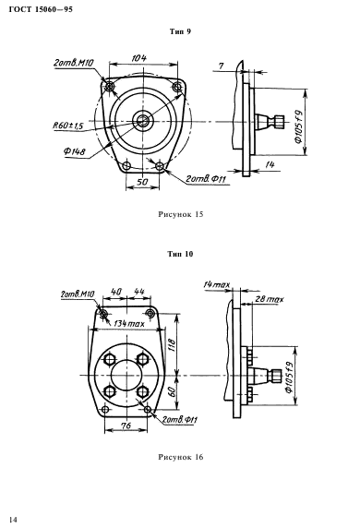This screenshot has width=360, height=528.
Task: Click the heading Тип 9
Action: (x=180, y=31)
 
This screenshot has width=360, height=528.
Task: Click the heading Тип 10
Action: (x=181, y=254)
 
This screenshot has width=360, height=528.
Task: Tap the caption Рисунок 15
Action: (x=181, y=214)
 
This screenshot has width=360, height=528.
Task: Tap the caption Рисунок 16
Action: (x=181, y=457)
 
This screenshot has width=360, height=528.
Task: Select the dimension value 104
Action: (x=139, y=58)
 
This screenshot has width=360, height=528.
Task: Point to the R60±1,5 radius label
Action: (x=68, y=126)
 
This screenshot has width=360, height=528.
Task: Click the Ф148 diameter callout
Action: (x=75, y=151)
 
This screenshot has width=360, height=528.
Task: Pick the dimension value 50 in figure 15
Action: (x=142, y=182)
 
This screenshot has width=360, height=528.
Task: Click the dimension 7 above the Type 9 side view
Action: (x=221, y=66)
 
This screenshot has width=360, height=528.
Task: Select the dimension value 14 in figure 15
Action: (x=270, y=164)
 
